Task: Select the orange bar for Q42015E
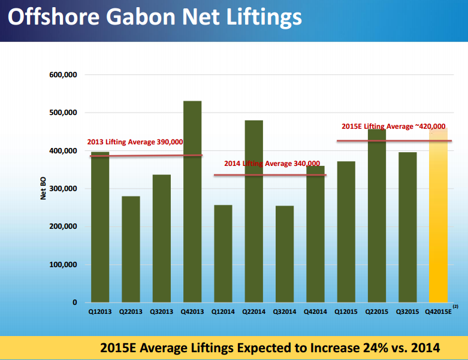click(438, 216)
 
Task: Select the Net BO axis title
click(43, 189)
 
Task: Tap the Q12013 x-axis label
click(100, 311)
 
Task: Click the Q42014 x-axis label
click(315, 311)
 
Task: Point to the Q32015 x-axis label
click(407, 311)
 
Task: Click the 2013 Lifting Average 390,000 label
click(135, 142)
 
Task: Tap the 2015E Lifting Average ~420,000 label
click(393, 126)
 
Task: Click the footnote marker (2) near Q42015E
click(455, 306)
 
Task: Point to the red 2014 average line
click(270, 175)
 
